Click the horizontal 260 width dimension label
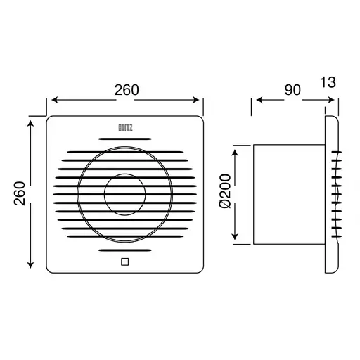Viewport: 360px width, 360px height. click(x=127, y=90)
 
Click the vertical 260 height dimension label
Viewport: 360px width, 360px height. click(x=20, y=193)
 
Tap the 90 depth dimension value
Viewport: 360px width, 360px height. click(x=292, y=90)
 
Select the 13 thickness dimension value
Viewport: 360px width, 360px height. click(x=328, y=82)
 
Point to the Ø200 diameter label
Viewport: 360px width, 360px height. click(x=225, y=191)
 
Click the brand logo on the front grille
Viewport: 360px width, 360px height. click(x=125, y=128)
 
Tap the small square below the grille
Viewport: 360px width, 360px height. click(x=125, y=262)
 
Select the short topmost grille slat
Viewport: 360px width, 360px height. click(x=125, y=139)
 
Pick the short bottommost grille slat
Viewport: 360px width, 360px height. click(x=125, y=250)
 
